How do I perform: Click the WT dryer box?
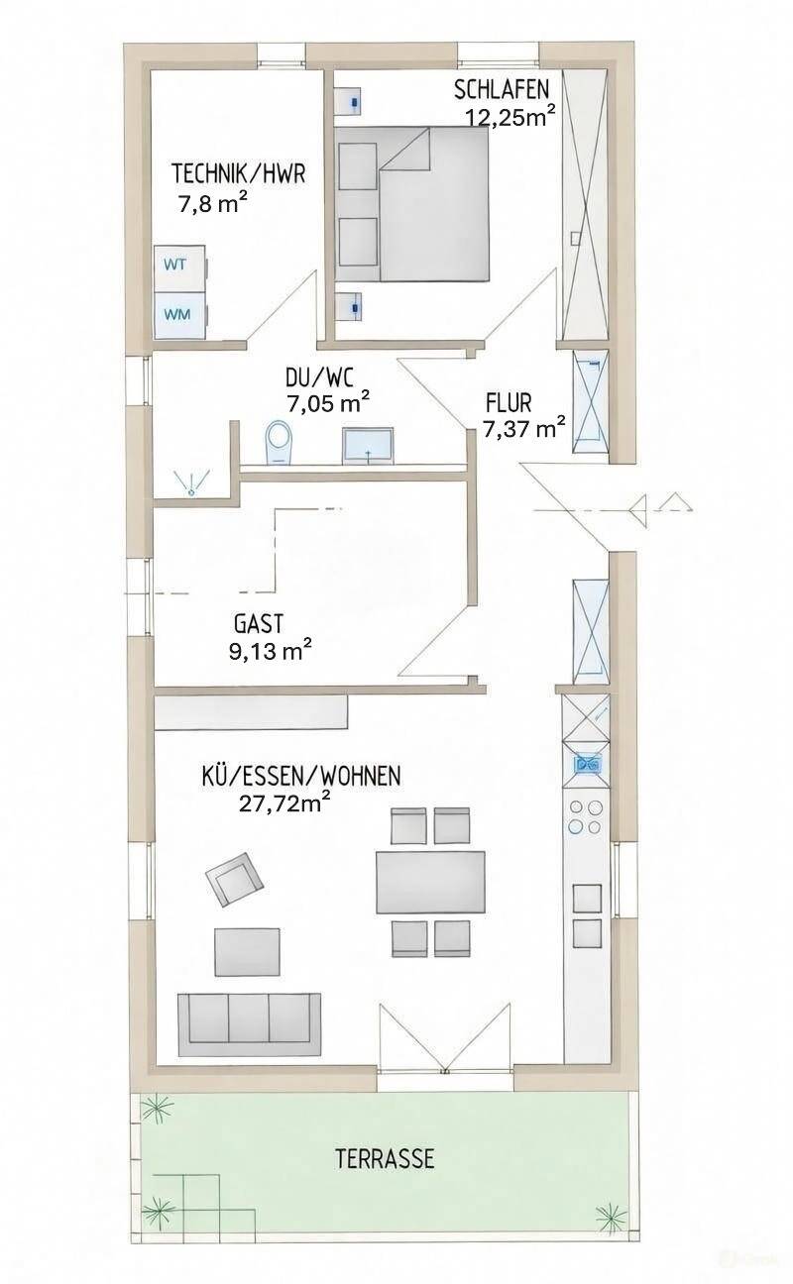tap(181, 267)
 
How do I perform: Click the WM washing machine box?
tap(181, 315)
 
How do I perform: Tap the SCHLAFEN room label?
tap(502, 90)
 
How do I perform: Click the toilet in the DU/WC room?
tap(280, 442)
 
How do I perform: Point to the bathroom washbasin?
tap(368, 446)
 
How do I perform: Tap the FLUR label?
tap(509, 403)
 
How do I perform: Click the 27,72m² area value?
tap(284, 803)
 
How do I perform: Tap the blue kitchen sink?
tap(587, 763)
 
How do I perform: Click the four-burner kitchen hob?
tap(586, 816)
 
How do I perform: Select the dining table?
tap(430, 882)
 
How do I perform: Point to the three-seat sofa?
tap(250, 1024)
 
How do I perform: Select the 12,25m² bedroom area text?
tap(510, 116)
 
